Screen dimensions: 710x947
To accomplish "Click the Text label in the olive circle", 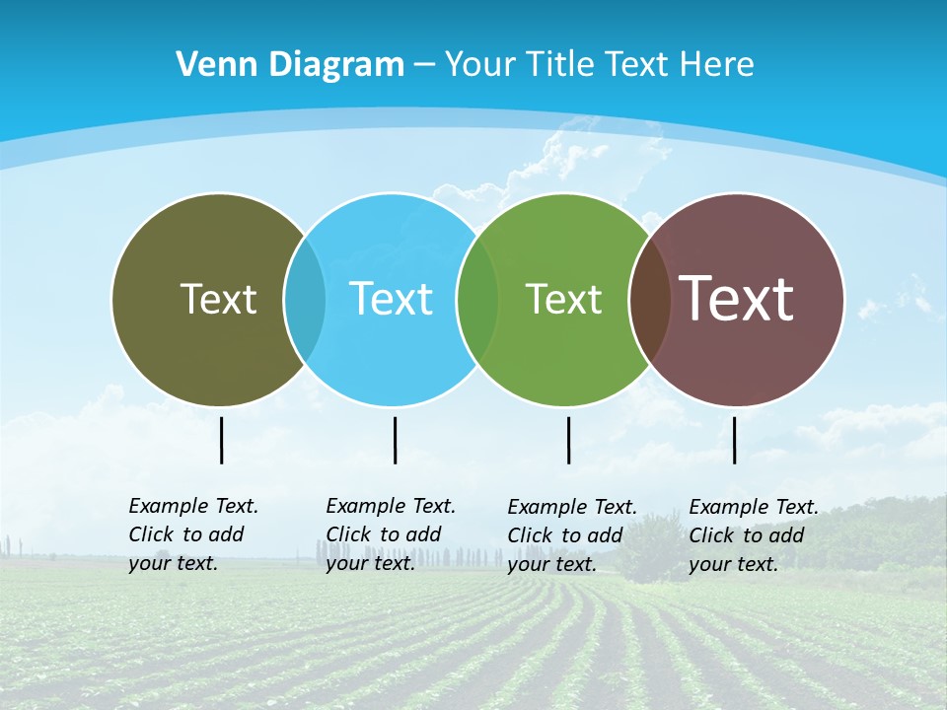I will pyautogui.click(x=218, y=299).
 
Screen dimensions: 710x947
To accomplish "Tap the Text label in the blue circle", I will pyautogui.click(x=391, y=299).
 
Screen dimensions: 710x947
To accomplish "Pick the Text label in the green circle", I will pyautogui.click(x=563, y=299).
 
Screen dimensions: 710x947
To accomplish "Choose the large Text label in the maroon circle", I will pyautogui.click(x=737, y=299).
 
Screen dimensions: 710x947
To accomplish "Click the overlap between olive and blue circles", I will pyautogui.click(x=305, y=300).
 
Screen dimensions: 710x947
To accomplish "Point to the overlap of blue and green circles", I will pyautogui.click(x=477, y=300).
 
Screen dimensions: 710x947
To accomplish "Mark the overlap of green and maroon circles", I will pyautogui.click(x=650, y=300).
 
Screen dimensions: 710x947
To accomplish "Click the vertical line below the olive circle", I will pyautogui.click(x=221, y=440).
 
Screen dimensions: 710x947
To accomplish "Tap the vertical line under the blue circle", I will pyautogui.click(x=395, y=440).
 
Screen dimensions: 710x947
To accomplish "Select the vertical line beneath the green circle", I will pyautogui.click(x=568, y=440).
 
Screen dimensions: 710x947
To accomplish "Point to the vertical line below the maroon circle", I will pyautogui.click(x=734, y=440).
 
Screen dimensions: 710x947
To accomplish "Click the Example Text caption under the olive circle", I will pyautogui.click(x=193, y=534).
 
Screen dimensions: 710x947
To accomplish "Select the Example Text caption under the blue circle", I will pyautogui.click(x=391, y=534).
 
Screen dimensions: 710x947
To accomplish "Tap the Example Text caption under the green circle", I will pyautogui.click(x=572, y=535).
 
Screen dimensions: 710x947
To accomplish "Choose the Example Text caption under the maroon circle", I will pyautogui.click(x=754, y=535).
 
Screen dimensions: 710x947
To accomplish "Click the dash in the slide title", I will pyautogui.click(x=424, y=65).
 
